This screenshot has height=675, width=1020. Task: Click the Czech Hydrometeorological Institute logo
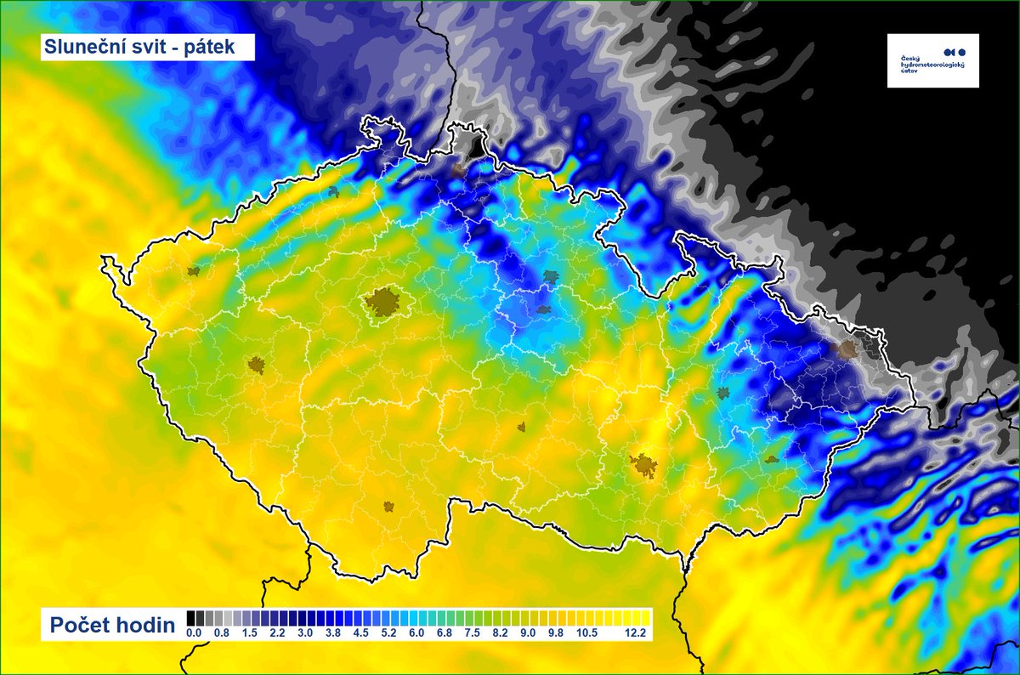932,60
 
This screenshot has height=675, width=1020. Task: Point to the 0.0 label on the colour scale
194,632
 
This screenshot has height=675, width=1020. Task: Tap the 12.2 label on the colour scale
637,632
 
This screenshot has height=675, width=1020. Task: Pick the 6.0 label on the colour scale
416,632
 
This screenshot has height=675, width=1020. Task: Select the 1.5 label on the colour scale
249,632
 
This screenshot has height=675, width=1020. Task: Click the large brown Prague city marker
383,301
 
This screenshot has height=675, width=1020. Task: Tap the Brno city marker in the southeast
644,465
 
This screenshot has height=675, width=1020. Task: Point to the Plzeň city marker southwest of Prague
257,366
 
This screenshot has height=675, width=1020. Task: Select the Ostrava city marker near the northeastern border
847,349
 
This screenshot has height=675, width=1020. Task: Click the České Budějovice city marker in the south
388,507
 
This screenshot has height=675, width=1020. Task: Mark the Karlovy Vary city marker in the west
194,271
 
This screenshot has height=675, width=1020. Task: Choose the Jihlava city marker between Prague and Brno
522,427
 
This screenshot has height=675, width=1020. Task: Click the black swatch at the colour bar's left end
191,617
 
